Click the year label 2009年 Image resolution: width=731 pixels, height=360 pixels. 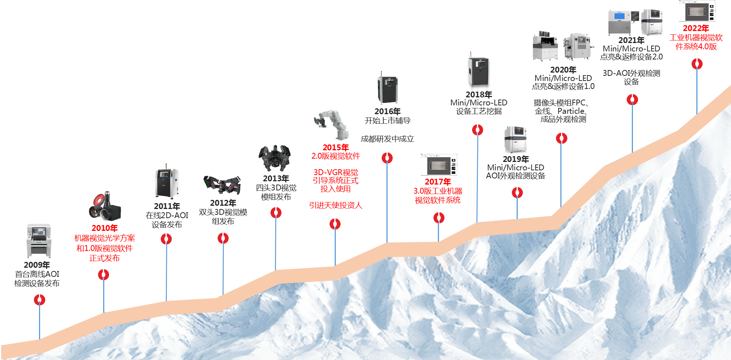(37, 265)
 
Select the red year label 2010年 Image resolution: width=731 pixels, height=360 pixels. (105, 228)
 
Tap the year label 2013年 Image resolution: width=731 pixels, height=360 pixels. (276, 179)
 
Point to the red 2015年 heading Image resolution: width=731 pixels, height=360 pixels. (336, 147)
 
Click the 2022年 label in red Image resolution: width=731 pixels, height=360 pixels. (696, 28)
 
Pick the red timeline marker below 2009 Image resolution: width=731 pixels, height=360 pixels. (39, 300)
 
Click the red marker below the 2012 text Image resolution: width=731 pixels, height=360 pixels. (223, 239)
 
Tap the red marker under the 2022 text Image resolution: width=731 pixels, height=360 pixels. (697, 64)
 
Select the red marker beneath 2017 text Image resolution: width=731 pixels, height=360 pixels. (439, 218)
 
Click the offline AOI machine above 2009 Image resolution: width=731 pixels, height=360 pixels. (39, 241)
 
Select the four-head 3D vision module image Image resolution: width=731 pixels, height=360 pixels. (275, 158)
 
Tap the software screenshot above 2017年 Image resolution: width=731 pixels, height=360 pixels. (439, 165)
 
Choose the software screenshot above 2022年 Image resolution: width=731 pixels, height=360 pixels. (697, 11)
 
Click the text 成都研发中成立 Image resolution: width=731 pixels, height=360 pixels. (387, 139)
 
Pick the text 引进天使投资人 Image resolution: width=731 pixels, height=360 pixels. (335, 205)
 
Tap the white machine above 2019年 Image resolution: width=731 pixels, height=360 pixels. (516, 140)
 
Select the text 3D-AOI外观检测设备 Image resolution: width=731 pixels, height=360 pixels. (631, 77)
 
